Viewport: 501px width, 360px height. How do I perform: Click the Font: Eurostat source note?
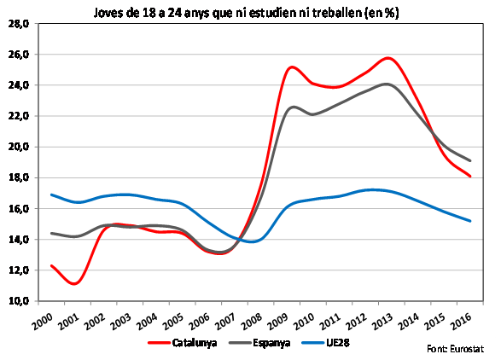click(457, 350)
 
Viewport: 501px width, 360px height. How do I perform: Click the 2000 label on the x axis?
click(53, 319)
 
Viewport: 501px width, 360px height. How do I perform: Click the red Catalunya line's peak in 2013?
click(388, 58)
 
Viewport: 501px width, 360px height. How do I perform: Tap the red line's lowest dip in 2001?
click(76, 283)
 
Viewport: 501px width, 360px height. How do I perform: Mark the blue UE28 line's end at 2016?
click(470, 221)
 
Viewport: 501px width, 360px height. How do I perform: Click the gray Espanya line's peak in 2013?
click(387, 84)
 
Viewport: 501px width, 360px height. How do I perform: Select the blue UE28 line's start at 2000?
click(51, 195)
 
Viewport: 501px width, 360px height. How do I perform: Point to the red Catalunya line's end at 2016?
click(470, 177)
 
